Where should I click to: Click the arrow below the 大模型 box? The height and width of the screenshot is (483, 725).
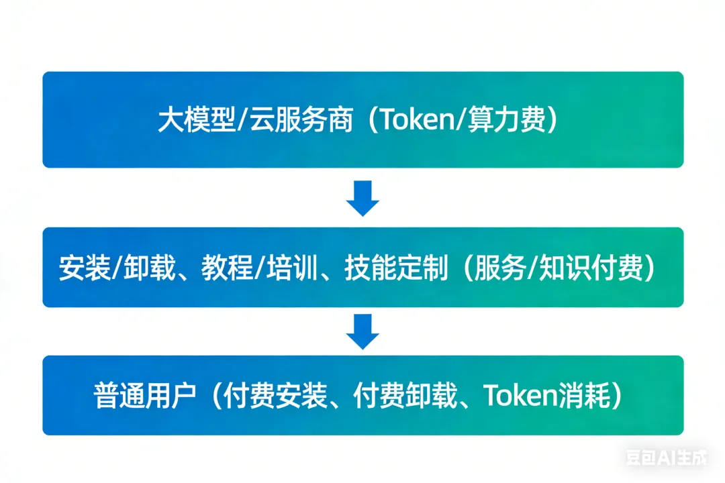363,199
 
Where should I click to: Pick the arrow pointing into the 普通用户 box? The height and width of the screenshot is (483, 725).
363,331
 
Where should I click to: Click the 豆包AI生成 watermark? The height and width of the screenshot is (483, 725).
666,459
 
